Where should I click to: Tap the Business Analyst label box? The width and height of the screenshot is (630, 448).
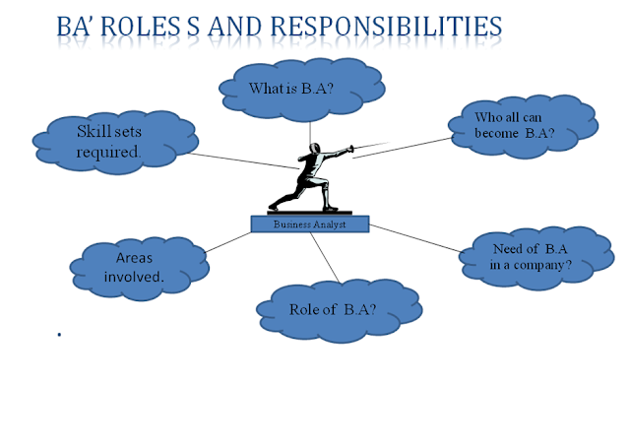pos(309,224)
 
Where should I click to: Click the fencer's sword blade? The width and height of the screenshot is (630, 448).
pos(360,149)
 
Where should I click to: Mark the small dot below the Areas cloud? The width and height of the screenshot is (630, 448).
pos(61,335)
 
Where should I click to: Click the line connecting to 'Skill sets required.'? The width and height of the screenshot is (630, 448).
pos(236,162)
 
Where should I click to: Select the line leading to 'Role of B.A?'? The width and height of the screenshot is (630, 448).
pos(325,256)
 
